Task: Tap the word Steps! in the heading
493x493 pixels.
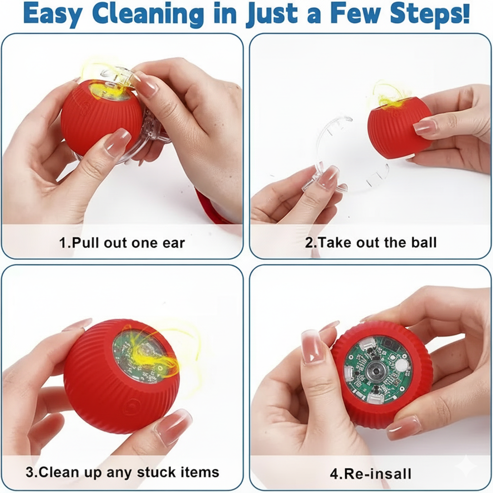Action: [x=430, y=14]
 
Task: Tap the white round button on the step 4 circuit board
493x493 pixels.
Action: [x=401, y=366]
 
